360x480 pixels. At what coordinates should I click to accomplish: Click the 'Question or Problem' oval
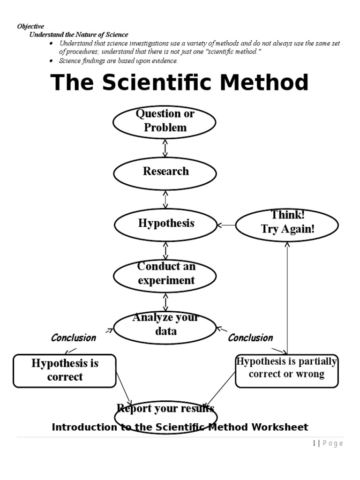(x=165, y=121)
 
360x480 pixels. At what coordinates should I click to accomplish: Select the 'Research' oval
(x=165, y=173)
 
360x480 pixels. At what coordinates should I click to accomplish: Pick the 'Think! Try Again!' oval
(x=287, y=225)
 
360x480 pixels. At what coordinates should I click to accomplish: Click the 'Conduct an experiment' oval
(x=165, y=276)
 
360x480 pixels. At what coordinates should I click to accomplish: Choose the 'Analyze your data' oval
(x=165, y=327)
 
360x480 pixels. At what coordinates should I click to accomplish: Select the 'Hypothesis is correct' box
(x=65, y=371)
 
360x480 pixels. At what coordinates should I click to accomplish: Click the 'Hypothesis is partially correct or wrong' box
(x=286, y=370)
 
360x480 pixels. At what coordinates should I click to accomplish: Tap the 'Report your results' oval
(x=166, y=412)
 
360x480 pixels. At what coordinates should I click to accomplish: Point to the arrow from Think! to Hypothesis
(x=226, y=225)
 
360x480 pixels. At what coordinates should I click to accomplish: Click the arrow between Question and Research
(x=165, y=148)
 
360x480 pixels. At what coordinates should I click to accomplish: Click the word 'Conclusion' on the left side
(x=73, y=338)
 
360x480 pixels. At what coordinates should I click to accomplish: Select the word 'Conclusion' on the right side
(x=250, y=338)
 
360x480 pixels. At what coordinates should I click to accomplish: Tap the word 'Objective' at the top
(x=30, y=27)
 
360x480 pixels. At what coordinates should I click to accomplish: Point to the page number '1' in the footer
(x=315, y=443)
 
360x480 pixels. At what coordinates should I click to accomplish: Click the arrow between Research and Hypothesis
(x=165, y=199)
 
